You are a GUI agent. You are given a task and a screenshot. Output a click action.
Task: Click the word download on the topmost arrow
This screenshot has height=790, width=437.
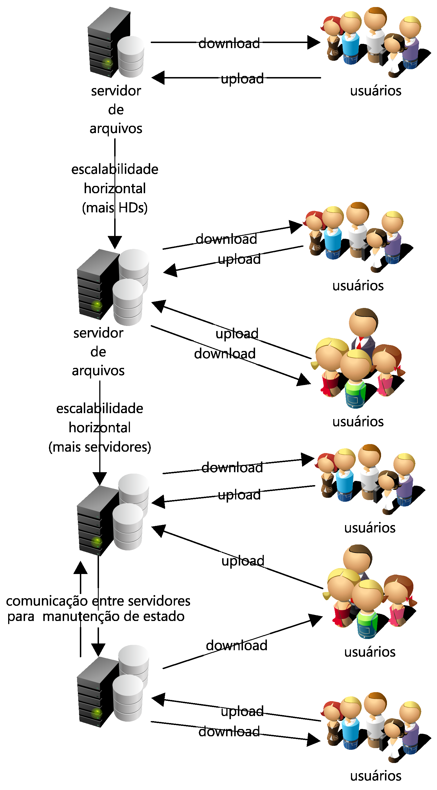229,43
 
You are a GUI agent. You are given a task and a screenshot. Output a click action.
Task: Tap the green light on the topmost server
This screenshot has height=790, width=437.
107,63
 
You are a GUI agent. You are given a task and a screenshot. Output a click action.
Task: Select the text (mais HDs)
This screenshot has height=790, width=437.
115,208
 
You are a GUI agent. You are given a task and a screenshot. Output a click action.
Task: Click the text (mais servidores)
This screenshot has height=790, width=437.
100,447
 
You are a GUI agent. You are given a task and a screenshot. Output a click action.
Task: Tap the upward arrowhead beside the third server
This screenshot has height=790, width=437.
81,568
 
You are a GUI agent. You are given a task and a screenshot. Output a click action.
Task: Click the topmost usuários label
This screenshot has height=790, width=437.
375,91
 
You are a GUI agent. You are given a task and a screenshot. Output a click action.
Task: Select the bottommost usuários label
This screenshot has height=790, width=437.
375,776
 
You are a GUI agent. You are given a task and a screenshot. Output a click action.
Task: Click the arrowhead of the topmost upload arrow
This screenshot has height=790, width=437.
159,78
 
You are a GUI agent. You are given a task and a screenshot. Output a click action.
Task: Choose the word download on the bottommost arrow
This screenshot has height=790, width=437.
229,732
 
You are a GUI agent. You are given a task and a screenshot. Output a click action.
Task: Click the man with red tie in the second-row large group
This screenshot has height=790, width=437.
363,331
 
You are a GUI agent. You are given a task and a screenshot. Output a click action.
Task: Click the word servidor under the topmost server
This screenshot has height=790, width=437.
116,91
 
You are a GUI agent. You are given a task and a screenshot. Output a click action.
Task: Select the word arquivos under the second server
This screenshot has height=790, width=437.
98,371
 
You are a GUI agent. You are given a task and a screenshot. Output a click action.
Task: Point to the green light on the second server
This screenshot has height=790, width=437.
97,305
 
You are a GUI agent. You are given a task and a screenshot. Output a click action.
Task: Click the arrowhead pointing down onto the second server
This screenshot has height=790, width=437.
115,242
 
